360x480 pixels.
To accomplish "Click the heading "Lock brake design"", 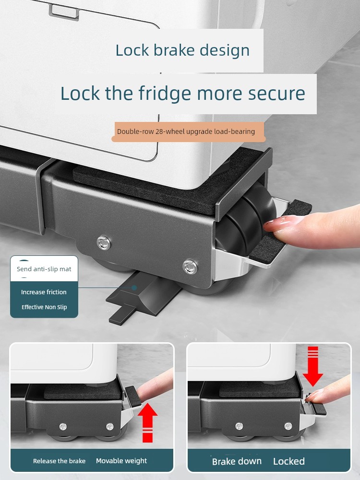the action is coord(182,50).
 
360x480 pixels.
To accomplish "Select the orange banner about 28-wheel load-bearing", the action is coord(188,132).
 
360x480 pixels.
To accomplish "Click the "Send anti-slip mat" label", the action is coord(44,269).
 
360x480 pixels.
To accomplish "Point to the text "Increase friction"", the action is coord(44,292).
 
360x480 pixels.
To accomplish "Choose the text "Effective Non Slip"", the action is coord(44,307).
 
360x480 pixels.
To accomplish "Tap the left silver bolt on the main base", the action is coord(104,242).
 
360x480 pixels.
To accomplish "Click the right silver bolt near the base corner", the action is coord(190,266).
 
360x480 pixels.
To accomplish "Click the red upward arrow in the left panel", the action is coord(147,422).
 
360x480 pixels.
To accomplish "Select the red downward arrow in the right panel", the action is coord(313,366).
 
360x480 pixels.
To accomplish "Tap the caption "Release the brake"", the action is coord(59,461).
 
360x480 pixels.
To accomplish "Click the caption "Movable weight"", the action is coord(121,461).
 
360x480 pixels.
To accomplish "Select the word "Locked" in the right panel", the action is coord(288,461).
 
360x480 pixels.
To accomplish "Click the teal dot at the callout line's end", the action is coord(134,288).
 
